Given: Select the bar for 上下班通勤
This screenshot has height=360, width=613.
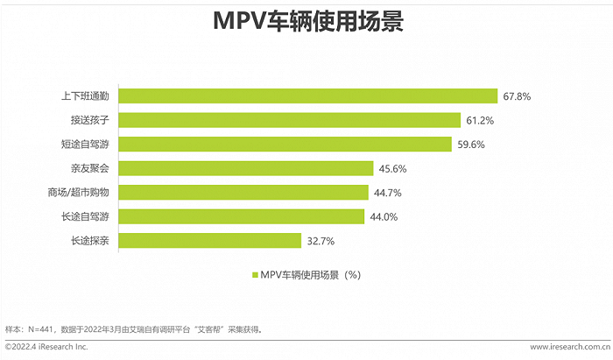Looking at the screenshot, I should click(x=307, y=95).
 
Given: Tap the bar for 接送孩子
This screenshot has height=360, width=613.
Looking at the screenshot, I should click(x=290, y=120).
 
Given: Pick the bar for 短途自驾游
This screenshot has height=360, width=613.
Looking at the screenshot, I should click(x=285, y=144).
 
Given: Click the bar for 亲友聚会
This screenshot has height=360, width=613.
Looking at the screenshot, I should click(x=245, y=168).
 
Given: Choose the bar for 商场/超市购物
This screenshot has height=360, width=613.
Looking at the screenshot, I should click(x=243, y=192).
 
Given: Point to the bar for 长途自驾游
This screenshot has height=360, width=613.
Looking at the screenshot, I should click(x=242, y=216).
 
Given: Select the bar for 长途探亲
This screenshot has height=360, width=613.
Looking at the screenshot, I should click(x=210, y=240).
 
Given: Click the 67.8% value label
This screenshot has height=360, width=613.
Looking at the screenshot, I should click(x=518, y=95).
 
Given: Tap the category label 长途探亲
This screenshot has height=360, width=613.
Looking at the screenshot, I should click(x=90, y=240).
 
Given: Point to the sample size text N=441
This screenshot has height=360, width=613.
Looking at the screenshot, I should click(x=42, y=329).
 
